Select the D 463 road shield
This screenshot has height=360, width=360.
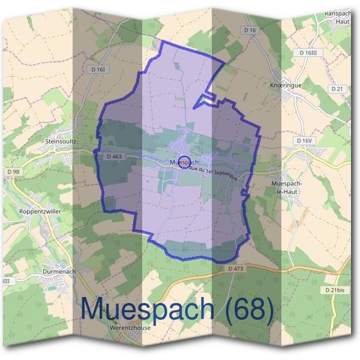tap(114, 157)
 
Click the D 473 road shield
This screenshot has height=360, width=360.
tap(236, 268)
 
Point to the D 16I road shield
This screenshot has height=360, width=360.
tap(99, 70)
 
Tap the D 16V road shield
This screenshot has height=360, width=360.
tap(305, 140)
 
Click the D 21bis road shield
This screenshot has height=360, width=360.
tap(335, 290)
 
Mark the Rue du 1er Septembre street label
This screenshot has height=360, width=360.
tap(214, 174)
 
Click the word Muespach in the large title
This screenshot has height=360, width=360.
tap(148, 309)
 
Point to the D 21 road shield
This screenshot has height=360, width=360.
tap(337, 88)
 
